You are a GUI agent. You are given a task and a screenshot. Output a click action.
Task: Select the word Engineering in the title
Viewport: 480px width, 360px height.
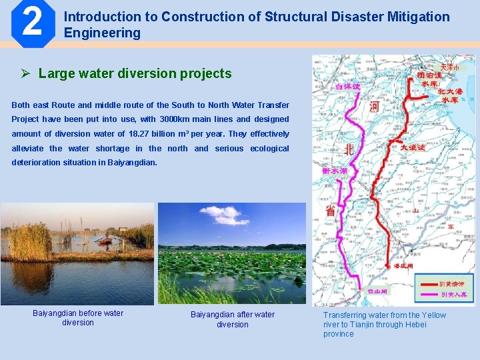102,33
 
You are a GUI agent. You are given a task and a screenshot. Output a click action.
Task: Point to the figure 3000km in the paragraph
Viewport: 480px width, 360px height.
178,119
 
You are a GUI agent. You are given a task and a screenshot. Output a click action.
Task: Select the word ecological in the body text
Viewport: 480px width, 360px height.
269,149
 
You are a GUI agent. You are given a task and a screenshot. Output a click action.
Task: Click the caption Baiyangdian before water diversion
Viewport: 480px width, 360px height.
78,318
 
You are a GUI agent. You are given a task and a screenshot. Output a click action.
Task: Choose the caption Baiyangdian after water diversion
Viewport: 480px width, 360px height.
232,319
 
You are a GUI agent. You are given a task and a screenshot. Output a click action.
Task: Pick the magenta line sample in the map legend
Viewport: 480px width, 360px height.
426,294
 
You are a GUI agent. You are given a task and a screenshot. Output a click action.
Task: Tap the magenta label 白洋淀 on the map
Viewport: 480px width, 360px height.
347,87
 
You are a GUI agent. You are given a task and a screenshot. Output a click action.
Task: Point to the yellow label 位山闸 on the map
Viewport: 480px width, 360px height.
379,291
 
